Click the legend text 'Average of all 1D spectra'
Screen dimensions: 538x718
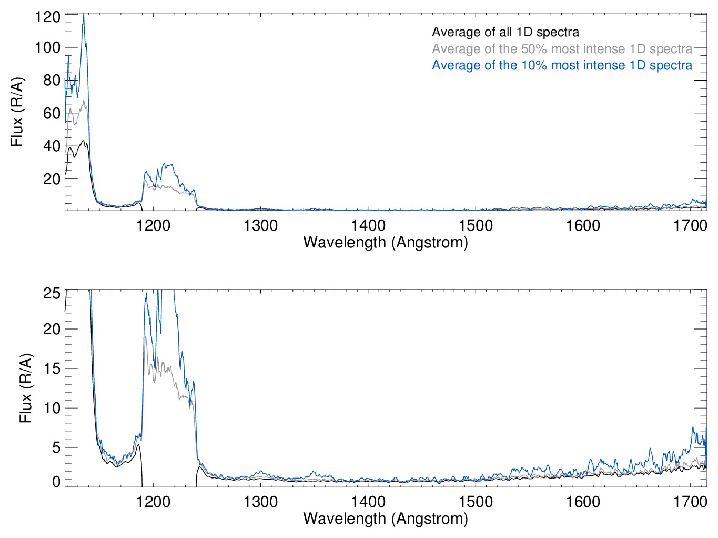505,32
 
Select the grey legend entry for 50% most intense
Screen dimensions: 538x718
562,49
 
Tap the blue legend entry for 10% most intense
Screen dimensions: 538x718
562,65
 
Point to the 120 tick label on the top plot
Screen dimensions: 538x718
47,17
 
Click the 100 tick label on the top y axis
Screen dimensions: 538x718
47,47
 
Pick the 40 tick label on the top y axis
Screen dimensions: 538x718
52,146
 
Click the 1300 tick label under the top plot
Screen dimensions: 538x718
260,226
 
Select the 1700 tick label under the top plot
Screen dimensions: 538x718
690,226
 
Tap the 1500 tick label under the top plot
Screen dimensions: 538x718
476,226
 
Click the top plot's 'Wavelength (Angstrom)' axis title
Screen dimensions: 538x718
386,242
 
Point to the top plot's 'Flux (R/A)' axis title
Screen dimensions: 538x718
17,113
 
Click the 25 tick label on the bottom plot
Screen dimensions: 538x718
52,293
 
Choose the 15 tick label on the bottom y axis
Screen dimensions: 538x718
52,368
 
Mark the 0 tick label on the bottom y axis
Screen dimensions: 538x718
56,481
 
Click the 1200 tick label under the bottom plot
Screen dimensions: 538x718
153,502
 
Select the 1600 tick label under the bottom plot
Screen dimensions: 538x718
583,502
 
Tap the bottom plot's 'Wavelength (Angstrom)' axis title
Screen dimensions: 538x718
386,519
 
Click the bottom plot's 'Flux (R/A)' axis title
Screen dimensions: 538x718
25,388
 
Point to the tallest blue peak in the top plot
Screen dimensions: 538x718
83,16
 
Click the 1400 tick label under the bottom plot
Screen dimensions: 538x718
368,502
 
